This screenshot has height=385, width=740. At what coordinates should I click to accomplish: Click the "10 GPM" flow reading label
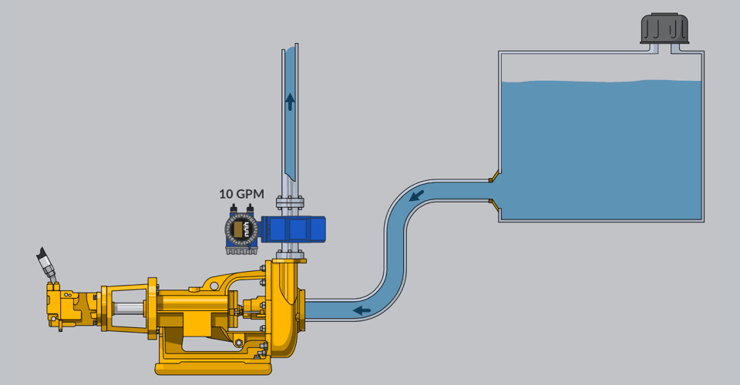tap(241, 194)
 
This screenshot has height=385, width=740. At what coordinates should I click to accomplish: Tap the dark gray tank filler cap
tap(664, 28)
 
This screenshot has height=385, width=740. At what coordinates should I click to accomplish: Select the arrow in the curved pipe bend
tap(416, 195)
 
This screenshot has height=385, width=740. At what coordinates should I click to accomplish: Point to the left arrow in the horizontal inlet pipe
tap(362, 310)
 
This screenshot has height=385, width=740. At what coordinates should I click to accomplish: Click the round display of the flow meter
tap(241, 230)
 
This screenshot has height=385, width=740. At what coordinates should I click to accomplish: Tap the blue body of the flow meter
tap(293, 229)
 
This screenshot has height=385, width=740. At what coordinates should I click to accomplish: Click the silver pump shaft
tap(129, 309)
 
